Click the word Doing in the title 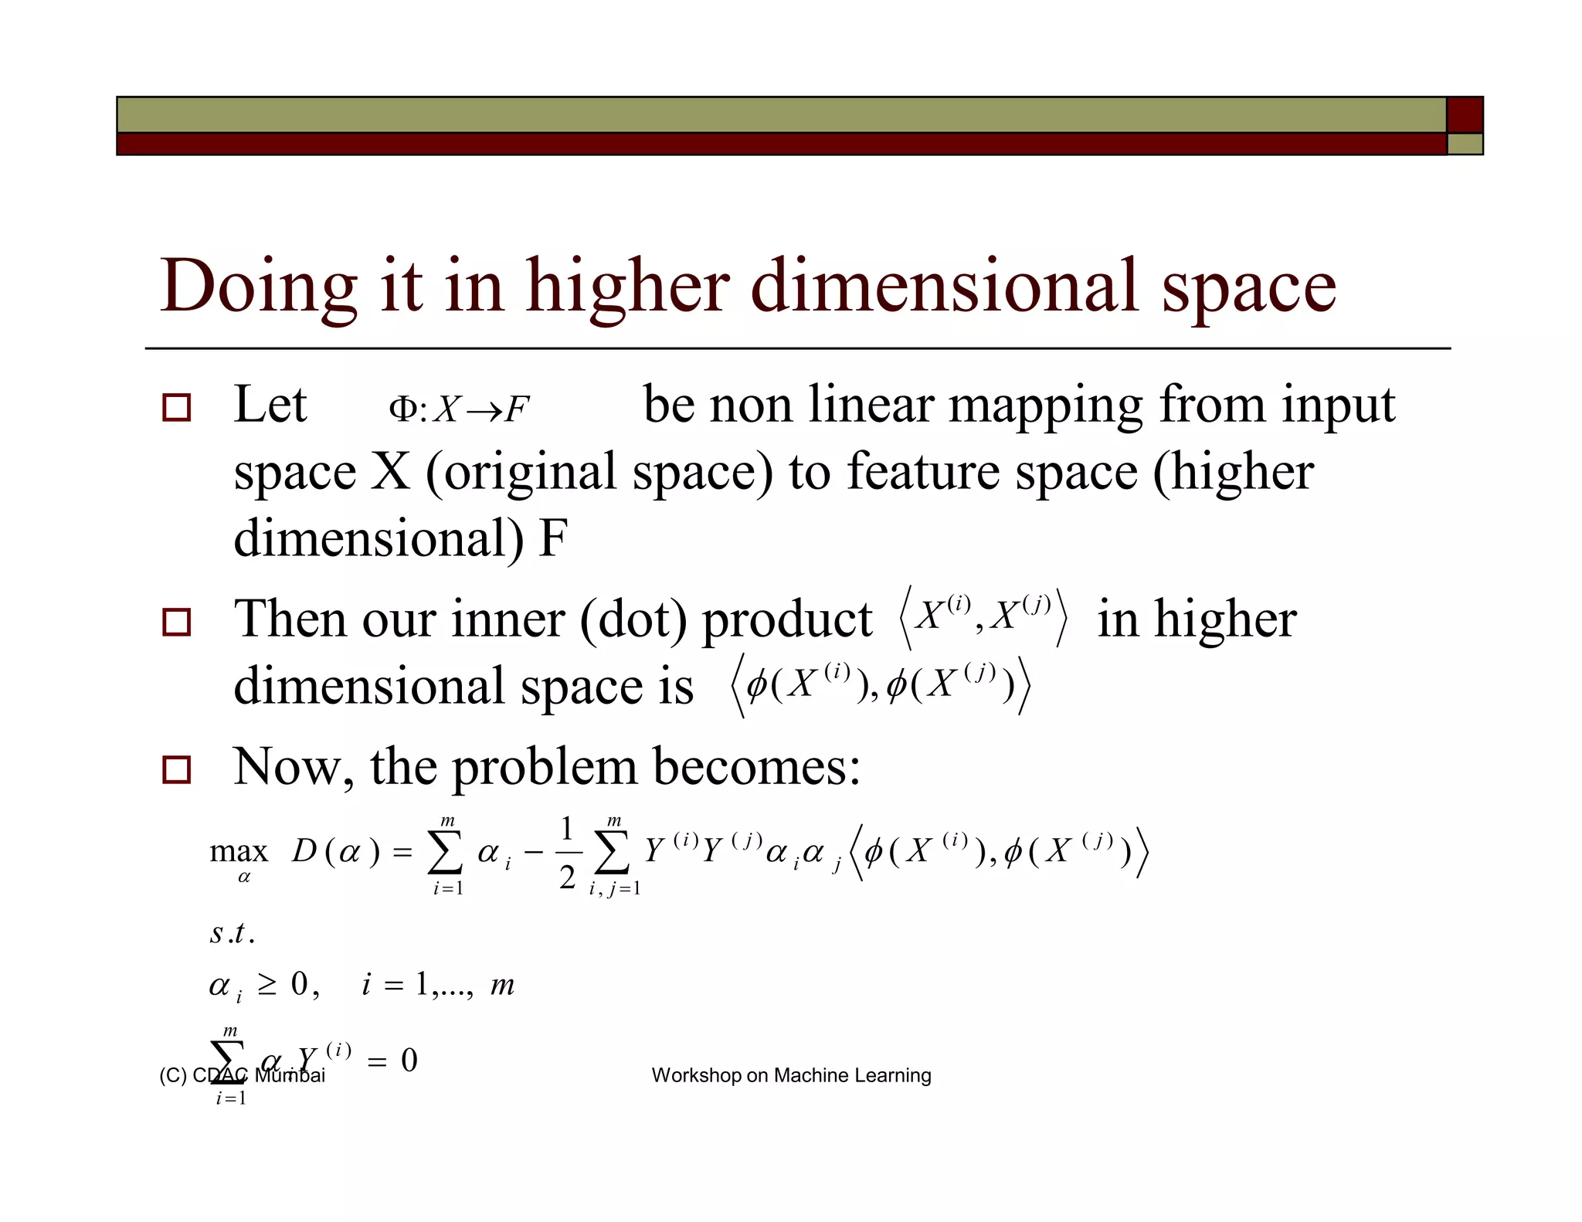point(258,287)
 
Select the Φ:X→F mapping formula point(459,409)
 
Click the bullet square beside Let point(177,407)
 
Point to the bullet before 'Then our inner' point(177,622)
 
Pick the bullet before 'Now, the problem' point(177,769)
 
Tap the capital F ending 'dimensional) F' point(553,538)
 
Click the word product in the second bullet point(786,621)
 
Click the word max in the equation point(239,851)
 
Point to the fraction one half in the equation point(567,853)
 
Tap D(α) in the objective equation point(336,852)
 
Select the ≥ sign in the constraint point(267,985)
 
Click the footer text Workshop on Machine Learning point(791,1075)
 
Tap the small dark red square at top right point(1464,114)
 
